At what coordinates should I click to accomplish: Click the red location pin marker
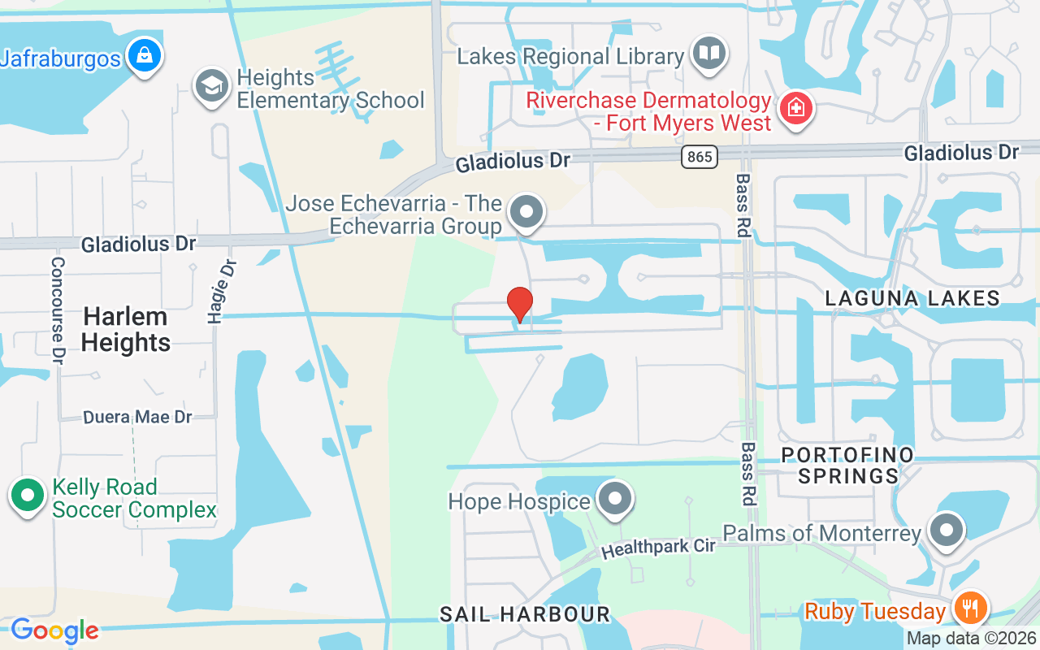[520, 304]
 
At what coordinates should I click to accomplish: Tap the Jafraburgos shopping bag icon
[144, 56]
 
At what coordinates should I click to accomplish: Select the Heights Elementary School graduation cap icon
[212, 85]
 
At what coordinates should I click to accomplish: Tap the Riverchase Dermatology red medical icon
[795, 110]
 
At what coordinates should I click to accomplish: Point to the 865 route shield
[700, 157]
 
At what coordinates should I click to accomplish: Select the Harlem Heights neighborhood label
[125, 329]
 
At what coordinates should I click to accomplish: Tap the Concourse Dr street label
[58, 310]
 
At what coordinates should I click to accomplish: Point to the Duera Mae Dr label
[137, 417]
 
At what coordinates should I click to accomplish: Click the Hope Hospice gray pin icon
[614, 500]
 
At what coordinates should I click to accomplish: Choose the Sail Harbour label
[524, 614]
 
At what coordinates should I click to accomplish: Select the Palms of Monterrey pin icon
[946, 531]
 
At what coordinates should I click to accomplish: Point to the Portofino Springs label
[847, 465]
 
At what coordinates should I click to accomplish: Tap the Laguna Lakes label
[912, 298]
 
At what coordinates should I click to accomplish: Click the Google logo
[54, 630]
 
